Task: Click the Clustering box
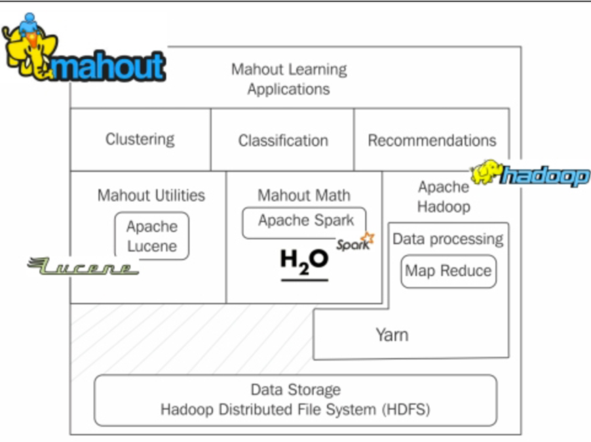(x=140, y=140)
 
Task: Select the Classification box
(x=282, y=140)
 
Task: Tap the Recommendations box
(x=432, y=140)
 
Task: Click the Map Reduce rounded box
(x=448, y=271)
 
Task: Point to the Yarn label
(x=392, y=334)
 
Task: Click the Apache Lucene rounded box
(x=151, y=236)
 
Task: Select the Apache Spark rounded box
(x=305, y=222)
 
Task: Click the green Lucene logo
(x=83, y=266)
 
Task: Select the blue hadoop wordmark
(x=545, y=176)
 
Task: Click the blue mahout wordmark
(x=108, y=66)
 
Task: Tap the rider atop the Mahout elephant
(x=29, y=25)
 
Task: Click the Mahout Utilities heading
(x=151, y=195)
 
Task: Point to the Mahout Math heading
(x=303, y=195)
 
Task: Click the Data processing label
(x=448, y=239)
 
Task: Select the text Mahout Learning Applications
(x=288, y=79)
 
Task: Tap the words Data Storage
(x=295, y=390)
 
